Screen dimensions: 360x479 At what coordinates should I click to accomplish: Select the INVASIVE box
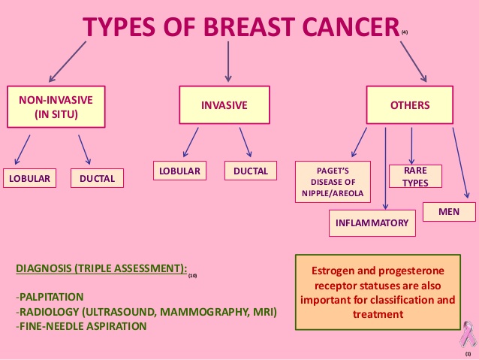(x=224, y=105)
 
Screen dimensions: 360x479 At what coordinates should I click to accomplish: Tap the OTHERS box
(x=410, y=105)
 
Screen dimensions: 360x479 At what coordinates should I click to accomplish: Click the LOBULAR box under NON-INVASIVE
(x=29, y=179)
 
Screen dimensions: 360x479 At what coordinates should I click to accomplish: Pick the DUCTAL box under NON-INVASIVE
(x=97, y=179)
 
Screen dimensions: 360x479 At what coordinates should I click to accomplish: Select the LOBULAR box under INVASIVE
(x=180, y=171)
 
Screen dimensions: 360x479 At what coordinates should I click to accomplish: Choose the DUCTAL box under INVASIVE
(x=250, y=171)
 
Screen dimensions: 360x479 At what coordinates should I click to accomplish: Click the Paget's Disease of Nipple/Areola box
(x=333, y=182)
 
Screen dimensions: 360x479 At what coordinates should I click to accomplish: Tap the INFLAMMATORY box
(x=372, y=222)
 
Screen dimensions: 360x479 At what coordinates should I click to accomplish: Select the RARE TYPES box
(x=415, y=177)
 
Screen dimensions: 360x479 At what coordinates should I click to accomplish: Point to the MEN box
(x=449, y=212)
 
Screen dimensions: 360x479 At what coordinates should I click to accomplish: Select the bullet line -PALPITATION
(x=50, y=297)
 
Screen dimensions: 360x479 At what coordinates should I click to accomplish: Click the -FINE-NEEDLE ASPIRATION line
(x=81, y=326)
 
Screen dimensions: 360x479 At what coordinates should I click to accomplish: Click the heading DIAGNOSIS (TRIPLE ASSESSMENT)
(x=100, y=269)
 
